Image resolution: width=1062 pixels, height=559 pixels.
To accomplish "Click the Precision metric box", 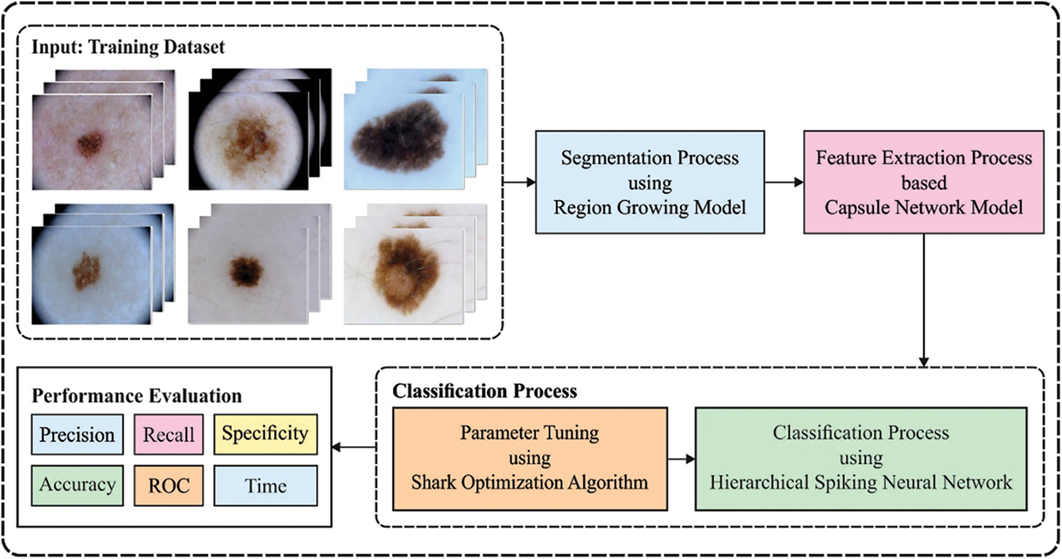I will click(77, 434).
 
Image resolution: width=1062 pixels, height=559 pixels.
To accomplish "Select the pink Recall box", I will click(168, 434).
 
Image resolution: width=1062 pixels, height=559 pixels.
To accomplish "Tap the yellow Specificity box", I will click(265, 434).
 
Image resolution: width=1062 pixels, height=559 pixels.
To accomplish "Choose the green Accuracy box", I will click(77, 485).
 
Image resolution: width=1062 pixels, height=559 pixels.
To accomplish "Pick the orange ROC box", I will click(168, 485).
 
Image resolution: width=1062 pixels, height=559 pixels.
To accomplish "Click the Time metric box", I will click(265, 485).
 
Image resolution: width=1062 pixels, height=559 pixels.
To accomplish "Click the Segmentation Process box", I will click(649, 182).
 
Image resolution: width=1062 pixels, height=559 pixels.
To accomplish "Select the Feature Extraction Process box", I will click(923, 182).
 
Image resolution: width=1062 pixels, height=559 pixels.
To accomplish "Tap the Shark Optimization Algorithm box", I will click(529, 458).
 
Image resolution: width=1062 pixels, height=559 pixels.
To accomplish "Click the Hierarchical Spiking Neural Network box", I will click(860, 458).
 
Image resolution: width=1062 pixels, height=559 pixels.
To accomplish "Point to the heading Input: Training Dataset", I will click(128, 47).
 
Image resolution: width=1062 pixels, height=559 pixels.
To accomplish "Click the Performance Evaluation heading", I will click(136, 396).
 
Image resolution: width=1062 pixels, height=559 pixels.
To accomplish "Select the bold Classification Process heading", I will click(484, 391).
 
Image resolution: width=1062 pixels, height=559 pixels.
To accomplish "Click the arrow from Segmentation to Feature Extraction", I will click(784, 182).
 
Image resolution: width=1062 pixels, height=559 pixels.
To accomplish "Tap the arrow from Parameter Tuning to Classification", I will click(681, 459).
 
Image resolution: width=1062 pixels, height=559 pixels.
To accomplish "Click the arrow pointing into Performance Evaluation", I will click(354, 448).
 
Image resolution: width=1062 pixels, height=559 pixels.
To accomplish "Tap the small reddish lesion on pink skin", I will click(90, 144).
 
